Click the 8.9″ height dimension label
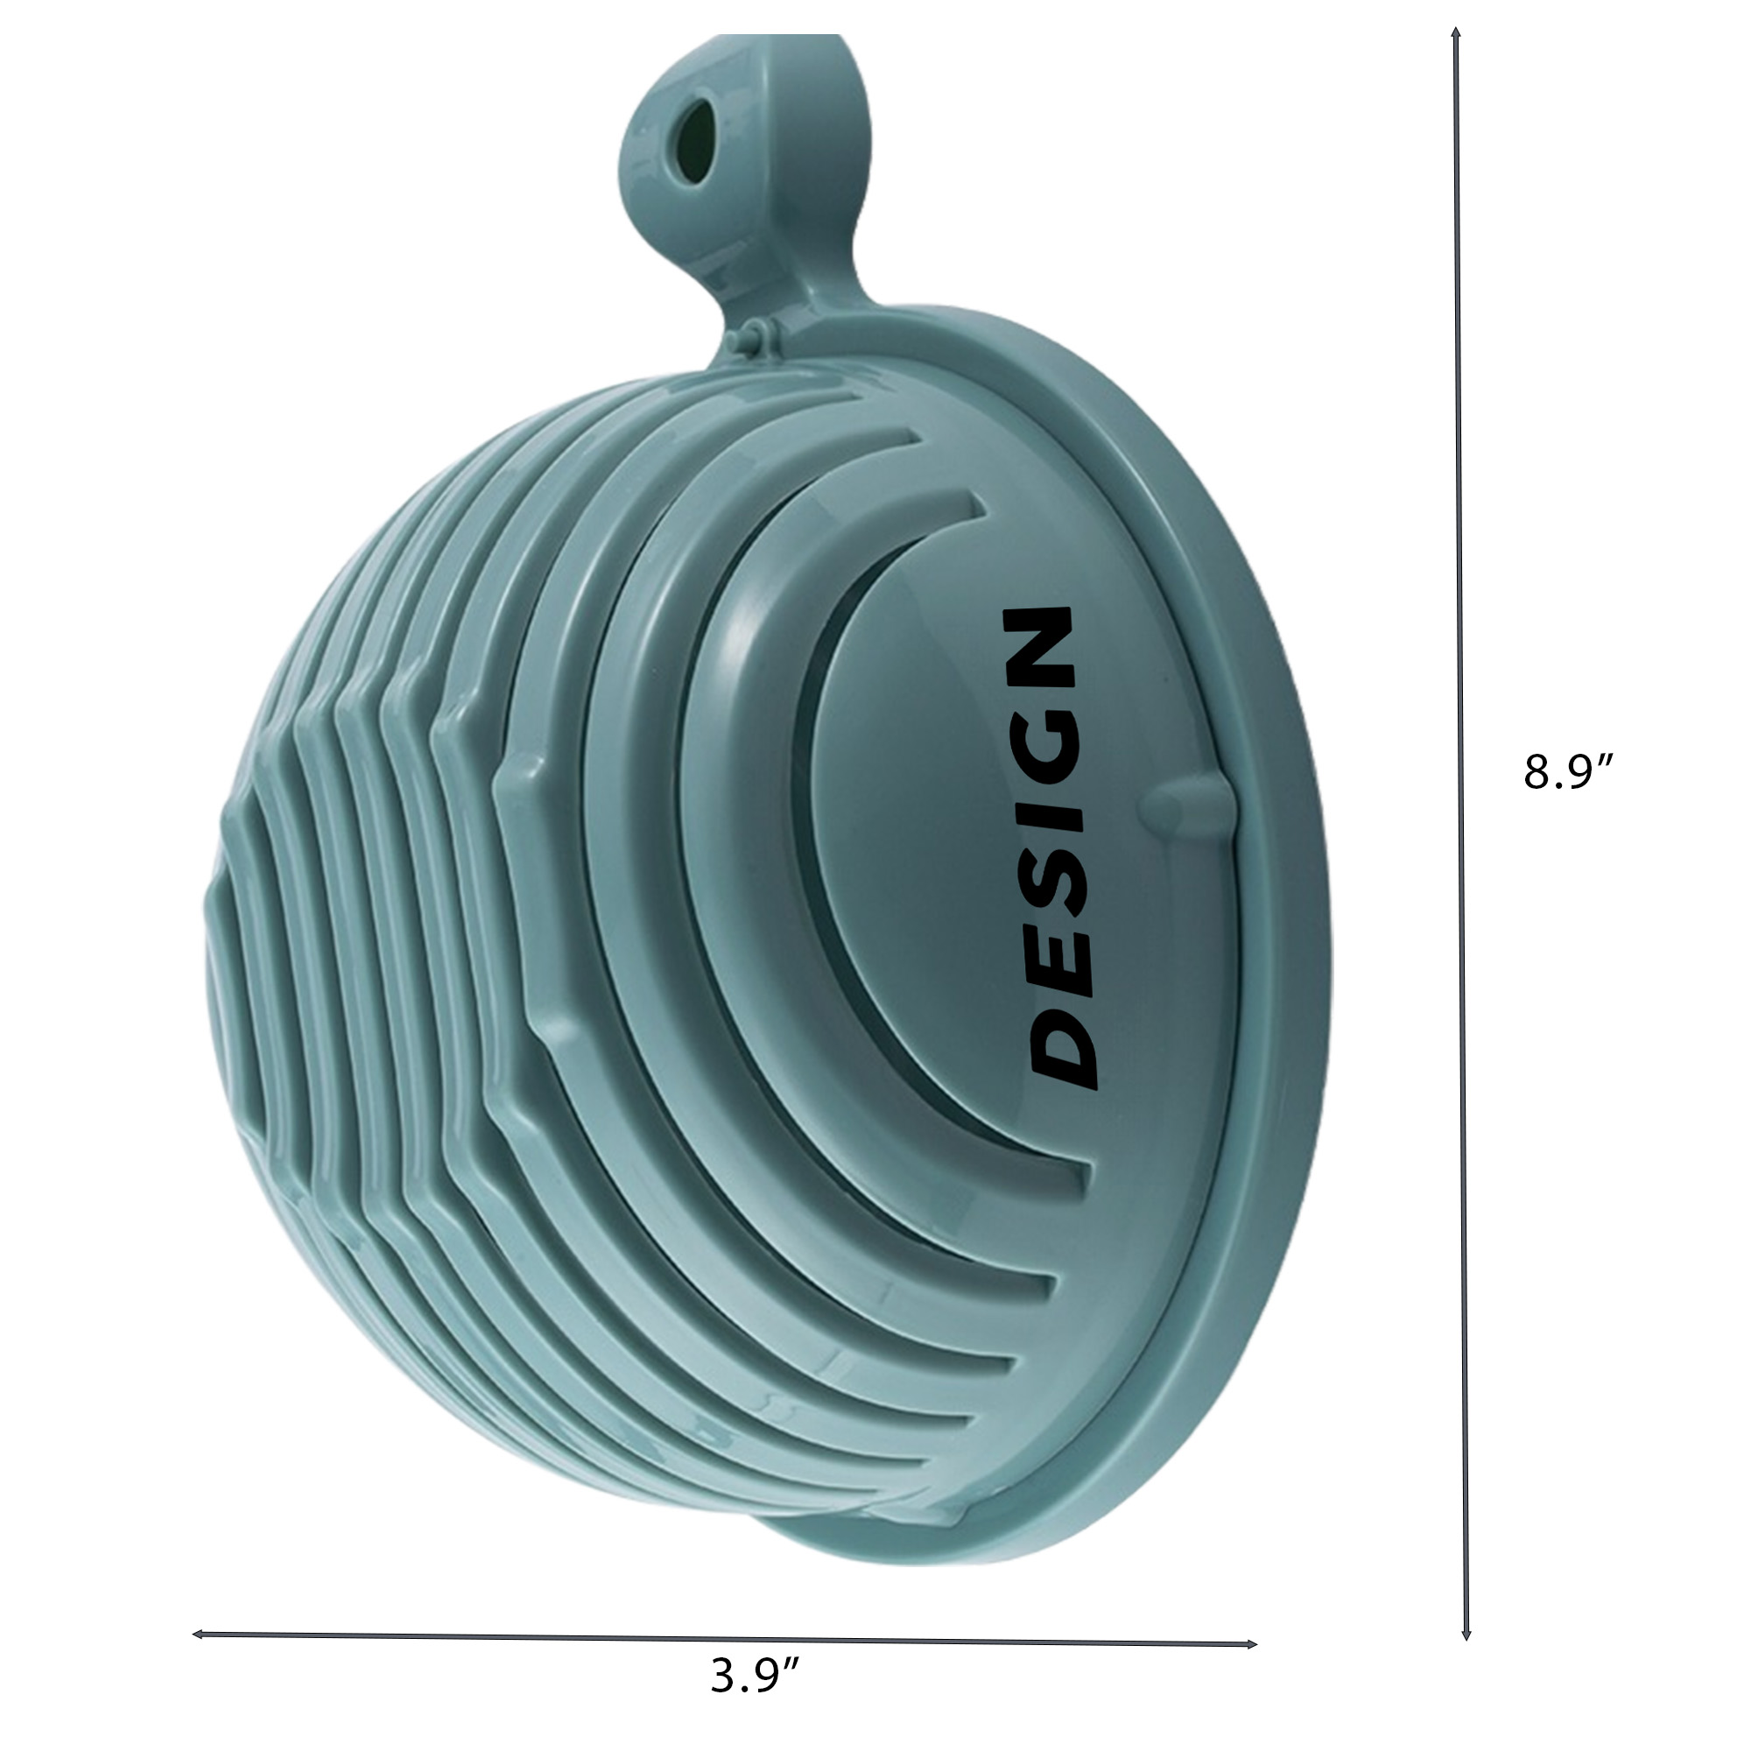[1569, 772]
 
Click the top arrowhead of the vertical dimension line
[1456, 34]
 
